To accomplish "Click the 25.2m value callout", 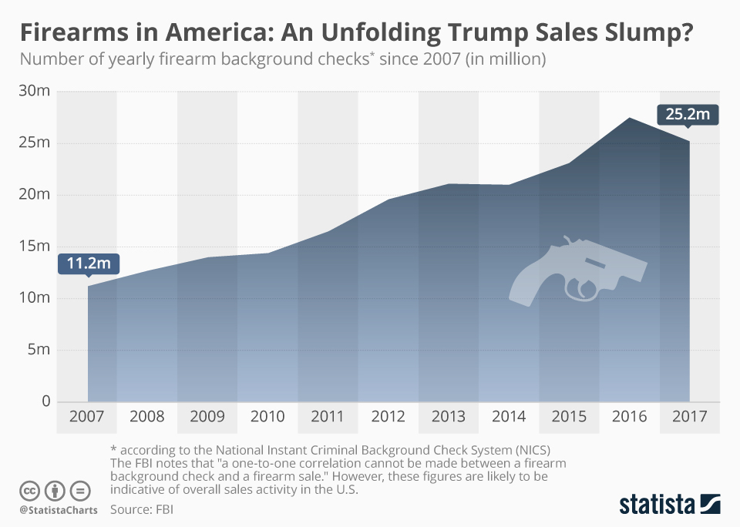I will tap(688, 115).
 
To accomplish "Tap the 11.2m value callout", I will tap(88, 263).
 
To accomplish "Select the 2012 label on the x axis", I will tap(388, 417).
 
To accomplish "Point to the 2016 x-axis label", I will tap(630, 417).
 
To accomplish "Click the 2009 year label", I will tap(207, 417).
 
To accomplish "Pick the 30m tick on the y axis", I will tap(34, 91).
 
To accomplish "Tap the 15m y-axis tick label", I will tap(34, 247).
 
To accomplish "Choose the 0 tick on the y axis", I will tap(45, 401).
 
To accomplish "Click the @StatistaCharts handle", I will tap(59, 510).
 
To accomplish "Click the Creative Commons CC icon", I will tap(29, 490).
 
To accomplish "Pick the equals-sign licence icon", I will tap(79, 490).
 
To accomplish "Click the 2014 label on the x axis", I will tap(509, 417).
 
